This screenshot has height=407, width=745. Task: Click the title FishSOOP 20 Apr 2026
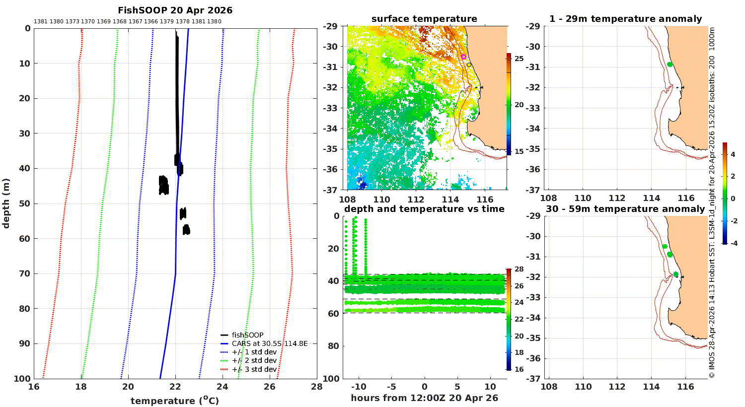pos(175,10)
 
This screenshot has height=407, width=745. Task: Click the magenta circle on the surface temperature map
pos(463,57)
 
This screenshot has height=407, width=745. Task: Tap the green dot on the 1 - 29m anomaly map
pos(670,65)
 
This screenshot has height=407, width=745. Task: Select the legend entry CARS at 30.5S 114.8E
pos(269,343)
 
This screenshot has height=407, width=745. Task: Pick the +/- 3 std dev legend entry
pos(254,369)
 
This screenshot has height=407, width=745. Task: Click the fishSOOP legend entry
pos(247,335)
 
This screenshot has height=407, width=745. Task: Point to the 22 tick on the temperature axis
pos(175,387)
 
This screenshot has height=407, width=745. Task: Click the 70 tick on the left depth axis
pos(25,273)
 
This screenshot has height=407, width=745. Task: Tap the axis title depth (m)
pos(6,203)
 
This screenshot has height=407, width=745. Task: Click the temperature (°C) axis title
pos(175,401)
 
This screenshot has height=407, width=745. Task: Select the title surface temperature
pos(424,19)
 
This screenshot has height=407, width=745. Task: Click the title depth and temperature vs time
pos(424,209)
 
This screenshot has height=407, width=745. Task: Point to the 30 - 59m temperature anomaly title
pos(625,209)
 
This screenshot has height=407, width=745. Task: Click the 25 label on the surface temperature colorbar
pos(519,59)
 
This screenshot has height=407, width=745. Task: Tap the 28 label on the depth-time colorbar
pos(519,269)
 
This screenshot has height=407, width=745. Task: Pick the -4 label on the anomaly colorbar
pos(734,243)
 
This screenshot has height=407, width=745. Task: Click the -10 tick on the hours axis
pos(359,387)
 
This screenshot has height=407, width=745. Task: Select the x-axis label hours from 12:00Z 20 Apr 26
pos(424,398)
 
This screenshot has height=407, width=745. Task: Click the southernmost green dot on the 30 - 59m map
pos(676,274)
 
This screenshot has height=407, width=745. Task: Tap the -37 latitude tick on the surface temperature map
pos(330,190)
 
